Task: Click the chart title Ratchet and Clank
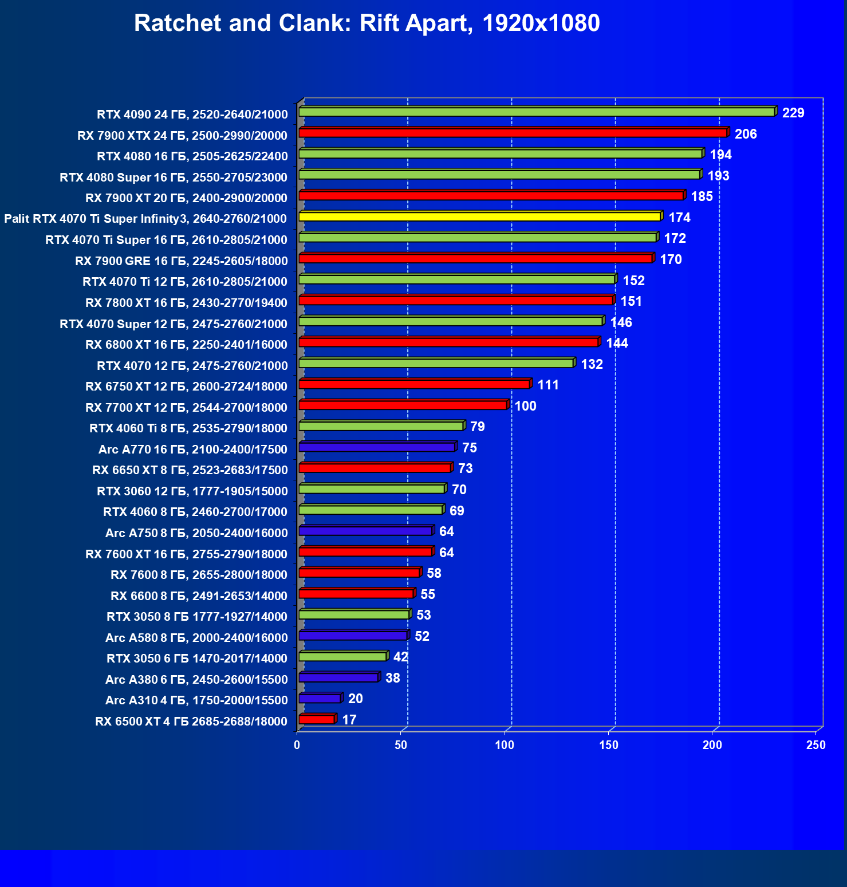pos(367,23)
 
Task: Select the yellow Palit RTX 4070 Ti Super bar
pos(480,216)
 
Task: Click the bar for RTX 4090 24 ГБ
pos(537,112)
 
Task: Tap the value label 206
pos(746,134)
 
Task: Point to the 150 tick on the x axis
pos(609,745)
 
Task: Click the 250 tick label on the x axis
pos(816,745)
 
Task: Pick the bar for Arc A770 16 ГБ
pos(377,447)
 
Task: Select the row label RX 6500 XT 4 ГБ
pos(191,721)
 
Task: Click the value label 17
pos(349,720)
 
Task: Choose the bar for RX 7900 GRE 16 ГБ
pos(475,259)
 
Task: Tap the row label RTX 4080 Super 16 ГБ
pos(174,177)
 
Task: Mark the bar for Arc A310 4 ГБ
pos(320,699)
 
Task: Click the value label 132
pos(592,364)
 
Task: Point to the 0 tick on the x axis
pos(297,745)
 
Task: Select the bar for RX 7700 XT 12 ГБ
pos(403,405)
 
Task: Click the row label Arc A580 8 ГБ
pos(196,637)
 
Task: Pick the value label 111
pos(548,385)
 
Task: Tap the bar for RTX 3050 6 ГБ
pos(342,657)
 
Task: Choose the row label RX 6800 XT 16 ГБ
pos(186,344)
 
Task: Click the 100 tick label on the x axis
pos(505,745)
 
